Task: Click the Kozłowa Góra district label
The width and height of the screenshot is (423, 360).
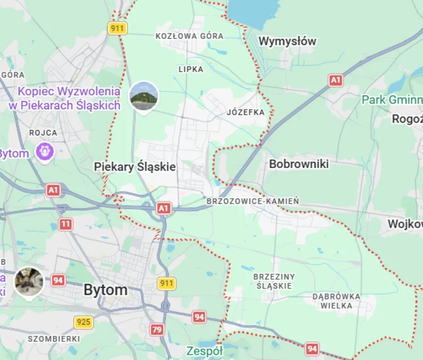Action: coord(189,36)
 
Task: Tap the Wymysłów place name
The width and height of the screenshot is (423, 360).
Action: coord(287,41)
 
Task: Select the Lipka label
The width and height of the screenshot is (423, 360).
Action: coord(191,69)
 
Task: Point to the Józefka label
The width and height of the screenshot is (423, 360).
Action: coord(245,112)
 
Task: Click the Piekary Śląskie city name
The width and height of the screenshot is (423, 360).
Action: coord(135,167)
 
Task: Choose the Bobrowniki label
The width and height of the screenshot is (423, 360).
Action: coord(299,164)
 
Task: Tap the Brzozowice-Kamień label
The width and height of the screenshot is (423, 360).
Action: coord(253,201)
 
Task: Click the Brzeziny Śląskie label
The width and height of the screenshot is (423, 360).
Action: coord(274,281)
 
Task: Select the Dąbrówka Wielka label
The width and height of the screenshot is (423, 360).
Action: coord(336,300)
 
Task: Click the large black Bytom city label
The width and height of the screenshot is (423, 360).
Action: coord(106,290)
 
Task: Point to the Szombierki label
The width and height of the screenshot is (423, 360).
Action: coord(53,338)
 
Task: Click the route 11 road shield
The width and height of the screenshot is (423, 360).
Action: coord(66,225)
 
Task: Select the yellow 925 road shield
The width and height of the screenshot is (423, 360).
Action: coord(83,321)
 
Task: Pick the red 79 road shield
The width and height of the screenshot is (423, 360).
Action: coord(157,330)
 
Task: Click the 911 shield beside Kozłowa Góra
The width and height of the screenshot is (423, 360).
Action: coord(117,28)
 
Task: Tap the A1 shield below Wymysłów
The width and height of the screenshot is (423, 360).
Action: coord(336,80)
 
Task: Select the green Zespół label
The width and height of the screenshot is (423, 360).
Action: coord(205,351)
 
